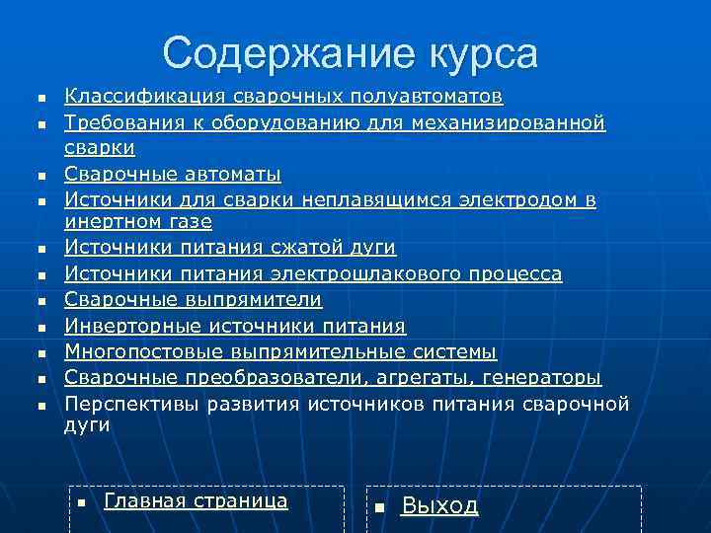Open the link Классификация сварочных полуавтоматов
[x=283, y=96]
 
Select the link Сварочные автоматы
[x=173, y=174]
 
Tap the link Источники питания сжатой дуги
[x=230, y=247]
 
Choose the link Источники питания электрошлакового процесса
[x=313, y=272]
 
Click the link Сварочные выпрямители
[x=194, y=298]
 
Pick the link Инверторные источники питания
[x=235, y=325]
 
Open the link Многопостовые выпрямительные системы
[x=280, y=351]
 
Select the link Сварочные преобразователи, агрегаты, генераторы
[x=333, y=377]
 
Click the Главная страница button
[x=196, y=500]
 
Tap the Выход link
[x=439, y=505]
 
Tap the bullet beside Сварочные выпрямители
[x=41, y=300]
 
